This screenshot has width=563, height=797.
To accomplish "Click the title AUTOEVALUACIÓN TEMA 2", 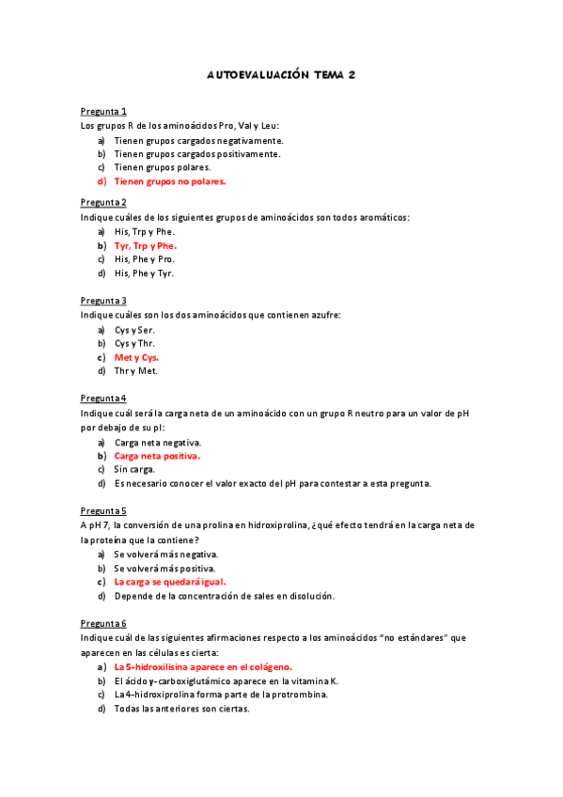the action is coord(280,74).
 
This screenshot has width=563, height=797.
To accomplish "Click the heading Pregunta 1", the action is coord(103,111).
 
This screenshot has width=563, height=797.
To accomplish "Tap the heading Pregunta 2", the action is coord(103,202).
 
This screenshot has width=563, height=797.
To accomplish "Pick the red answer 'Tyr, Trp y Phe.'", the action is coord(146,245).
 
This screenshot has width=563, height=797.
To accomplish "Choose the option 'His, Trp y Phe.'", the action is coord(145,231).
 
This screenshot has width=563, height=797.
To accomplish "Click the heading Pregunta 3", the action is coord(103,301).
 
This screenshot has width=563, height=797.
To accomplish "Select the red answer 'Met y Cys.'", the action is coord(136,357).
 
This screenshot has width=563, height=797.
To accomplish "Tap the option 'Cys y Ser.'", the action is coord(135,330).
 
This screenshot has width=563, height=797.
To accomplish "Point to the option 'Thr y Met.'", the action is coord(136,371).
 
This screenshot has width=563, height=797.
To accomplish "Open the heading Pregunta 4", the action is coord(103,398).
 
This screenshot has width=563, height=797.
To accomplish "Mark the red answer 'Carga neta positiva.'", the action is coord(157,456).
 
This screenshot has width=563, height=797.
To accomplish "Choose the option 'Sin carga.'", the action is coord(134,469).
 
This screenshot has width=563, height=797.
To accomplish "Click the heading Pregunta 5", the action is coord(103,510).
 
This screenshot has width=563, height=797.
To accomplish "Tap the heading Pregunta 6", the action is coord(103,623).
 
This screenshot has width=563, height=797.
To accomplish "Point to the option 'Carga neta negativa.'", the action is coord(158,442).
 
